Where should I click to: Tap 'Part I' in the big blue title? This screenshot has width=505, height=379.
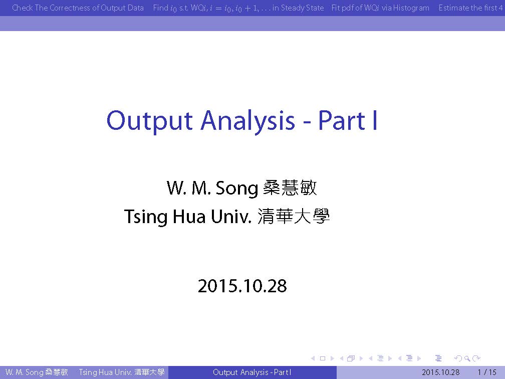tap(348, 120)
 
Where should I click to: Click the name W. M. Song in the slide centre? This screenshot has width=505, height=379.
tap(212, 188)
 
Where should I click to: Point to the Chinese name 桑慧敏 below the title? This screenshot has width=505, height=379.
tap(290, 187)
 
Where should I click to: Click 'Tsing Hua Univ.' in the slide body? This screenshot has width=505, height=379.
tap(188, 216)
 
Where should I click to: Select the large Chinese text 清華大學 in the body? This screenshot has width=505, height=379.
tap(294, 216)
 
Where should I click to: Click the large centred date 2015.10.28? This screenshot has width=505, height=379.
tap(242, 286)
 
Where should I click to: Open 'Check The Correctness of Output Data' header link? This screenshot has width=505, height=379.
tap(78, 8)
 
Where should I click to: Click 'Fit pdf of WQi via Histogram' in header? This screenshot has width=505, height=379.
tap(380, 8)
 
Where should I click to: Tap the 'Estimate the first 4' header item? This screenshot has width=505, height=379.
tap(470, 8)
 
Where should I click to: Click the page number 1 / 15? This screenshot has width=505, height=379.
tap(487, 372)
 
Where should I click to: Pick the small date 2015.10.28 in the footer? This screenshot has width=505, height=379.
tap(440, 372)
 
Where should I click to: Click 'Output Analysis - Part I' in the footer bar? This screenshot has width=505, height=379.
tap(252, 372)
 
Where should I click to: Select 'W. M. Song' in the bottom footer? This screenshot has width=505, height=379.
tap(24, 372)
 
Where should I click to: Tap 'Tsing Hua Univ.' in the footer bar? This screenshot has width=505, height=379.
tap(105, 372)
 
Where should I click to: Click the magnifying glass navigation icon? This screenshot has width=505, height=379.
tap(467, 358)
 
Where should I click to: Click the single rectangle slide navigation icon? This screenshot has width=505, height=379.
tap(323, 358)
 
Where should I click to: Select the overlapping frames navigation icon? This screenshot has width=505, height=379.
tap(351, 358)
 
